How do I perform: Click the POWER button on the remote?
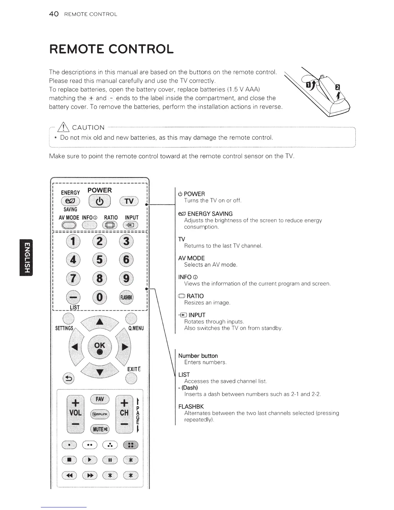(x=99, y=202)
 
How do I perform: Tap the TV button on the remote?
(x=129, y=202)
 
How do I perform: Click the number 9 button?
(x=127, y=278)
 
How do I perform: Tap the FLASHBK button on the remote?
(x=127, y=297)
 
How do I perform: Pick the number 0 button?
(x=100, y=297)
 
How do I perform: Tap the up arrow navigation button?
(x=100, y=322)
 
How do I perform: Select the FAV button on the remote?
(x=100, y=399)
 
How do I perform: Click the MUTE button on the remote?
(x=100, y=429)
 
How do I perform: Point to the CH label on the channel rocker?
(x=124, y=413)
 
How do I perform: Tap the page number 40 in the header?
(x=53, y=14)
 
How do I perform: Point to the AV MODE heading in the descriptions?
(x=191, y=258)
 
